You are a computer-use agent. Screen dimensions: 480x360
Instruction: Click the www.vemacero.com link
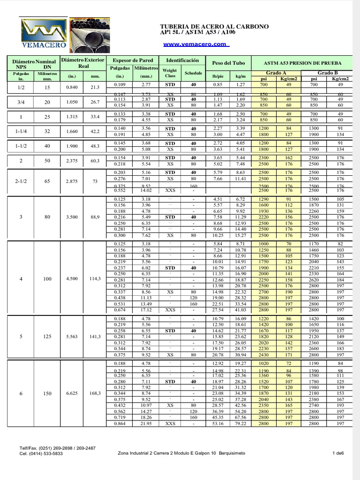[x=196, y=44]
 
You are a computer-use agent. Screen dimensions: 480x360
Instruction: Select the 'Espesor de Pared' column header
[x=133, y=60]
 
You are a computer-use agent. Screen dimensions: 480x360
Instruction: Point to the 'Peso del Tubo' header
[x=228, y=63]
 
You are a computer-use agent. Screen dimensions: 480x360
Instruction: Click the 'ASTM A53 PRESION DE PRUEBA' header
[x=302, y=63]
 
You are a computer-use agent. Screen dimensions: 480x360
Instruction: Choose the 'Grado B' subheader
[x=328, y=73]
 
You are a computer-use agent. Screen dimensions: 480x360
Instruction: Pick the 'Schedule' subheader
[x=193, y=73]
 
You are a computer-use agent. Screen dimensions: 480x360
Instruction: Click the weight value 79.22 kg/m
[x=241, y=424]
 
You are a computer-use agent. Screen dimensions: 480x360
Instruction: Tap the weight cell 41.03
[x=241, y=310]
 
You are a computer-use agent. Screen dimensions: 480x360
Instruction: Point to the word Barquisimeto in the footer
[x=231, y=453]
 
